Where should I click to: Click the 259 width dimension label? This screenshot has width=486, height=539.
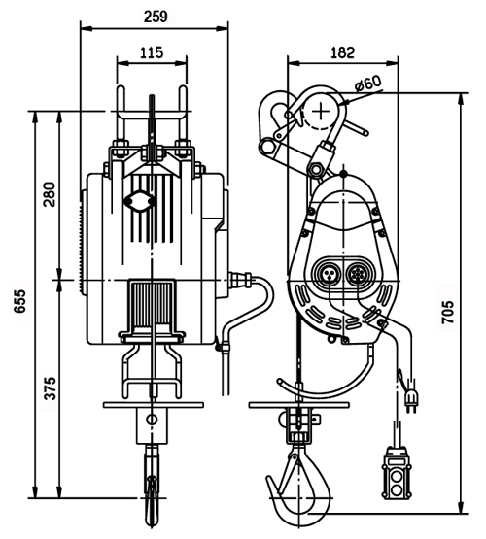(x=156, y=16)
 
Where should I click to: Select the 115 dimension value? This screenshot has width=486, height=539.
(x=152, y=52)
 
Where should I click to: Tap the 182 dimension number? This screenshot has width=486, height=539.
(x=342, y=52)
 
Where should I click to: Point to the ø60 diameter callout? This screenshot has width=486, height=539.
(x=368, y=83)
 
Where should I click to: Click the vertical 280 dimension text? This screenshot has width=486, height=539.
(x=50, y=194)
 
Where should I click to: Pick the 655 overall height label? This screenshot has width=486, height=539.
(x=19, y=301)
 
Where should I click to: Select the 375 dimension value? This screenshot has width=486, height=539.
(x=50, y=388)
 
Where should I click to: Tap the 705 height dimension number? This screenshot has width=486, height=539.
(x=448, y=312)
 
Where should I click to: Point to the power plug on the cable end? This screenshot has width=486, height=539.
(x=410, y=399)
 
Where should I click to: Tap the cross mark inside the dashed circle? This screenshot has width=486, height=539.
(x=320, y=111)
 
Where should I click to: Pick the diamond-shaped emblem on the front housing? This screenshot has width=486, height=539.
(x=139, y=201)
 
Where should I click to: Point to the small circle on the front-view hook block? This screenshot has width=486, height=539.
(x=152, y=419)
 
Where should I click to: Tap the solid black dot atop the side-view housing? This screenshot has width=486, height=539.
(x=343, y=174)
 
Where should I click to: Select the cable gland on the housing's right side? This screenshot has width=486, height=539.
(x=241, y=278)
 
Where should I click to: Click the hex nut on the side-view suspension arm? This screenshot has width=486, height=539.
(x=317, y=168)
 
